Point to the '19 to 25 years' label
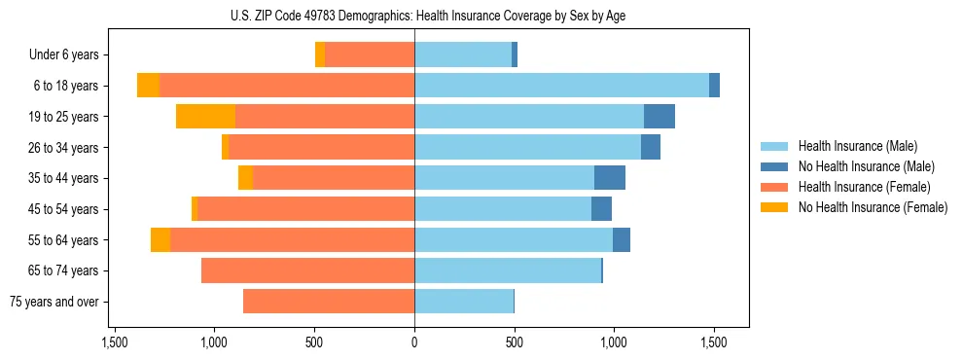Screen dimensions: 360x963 coord(63,117)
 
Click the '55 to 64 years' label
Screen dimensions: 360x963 coord(63,240)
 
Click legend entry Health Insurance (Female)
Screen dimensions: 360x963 coord(865,187)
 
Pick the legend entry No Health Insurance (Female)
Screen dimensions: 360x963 coord(873,207)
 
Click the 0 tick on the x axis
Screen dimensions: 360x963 coord(414,342)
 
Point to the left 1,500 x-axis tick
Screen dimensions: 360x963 coord(115,342)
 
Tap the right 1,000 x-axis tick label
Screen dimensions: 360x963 coord(614,342)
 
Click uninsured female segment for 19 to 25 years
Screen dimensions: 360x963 coord(206,117)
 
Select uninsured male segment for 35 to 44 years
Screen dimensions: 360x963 coord(610,178)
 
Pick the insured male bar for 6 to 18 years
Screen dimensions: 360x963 coord(561,86)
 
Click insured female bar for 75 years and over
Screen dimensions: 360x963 coord(329,302)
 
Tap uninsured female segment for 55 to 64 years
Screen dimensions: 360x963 coord(160,240)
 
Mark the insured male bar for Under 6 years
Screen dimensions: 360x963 coord(463,54)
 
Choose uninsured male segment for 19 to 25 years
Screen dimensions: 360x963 coord(660,117)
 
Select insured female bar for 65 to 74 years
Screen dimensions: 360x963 coord(307,270)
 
